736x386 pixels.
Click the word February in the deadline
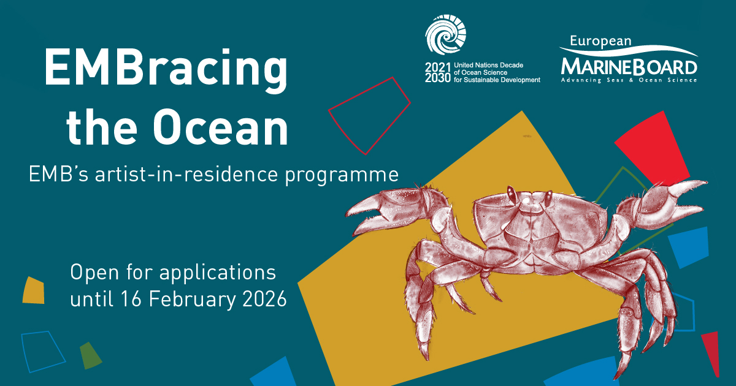coord(193,300)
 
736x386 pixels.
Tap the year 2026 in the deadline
coord(264,299)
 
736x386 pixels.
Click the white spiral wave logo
coord(445,34)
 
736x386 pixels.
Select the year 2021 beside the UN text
coord(437,67)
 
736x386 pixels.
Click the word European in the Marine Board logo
coord(600,42)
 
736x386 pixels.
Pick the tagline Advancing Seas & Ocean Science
coord(629,80)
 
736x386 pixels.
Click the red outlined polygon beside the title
coord(369,116)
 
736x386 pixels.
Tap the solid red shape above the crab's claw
coord(652,148)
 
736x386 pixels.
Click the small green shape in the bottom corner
coord(90,355)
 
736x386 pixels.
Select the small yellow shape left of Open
coord(34,291)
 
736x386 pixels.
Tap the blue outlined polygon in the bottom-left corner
coord(43,352)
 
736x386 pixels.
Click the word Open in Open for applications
coord(94,273)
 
